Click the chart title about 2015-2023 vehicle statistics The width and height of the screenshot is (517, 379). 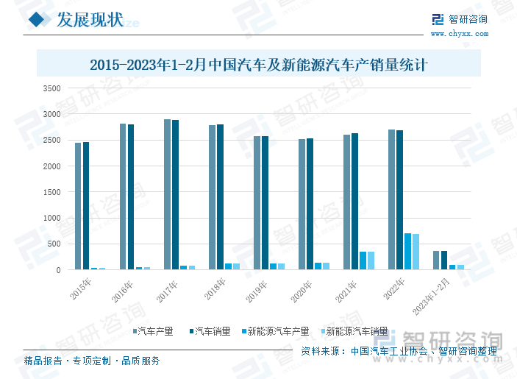(x=258, y=65)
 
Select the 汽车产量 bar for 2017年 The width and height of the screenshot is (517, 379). (x=168, y=194)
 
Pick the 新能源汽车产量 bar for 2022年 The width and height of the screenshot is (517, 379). (x=408, y=251)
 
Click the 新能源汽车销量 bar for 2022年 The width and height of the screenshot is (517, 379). (x=416, y=252)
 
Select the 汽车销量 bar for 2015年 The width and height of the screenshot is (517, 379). (x=86, y=206)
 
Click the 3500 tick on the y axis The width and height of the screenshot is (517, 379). (x=51, y=88)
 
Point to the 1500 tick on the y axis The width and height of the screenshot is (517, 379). (x=51, y=192)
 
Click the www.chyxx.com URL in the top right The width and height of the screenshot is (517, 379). (x=458, y=33)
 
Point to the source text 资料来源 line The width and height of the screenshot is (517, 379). (x=399, y=352)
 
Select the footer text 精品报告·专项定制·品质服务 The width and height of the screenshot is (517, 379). (x=92, y=361)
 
